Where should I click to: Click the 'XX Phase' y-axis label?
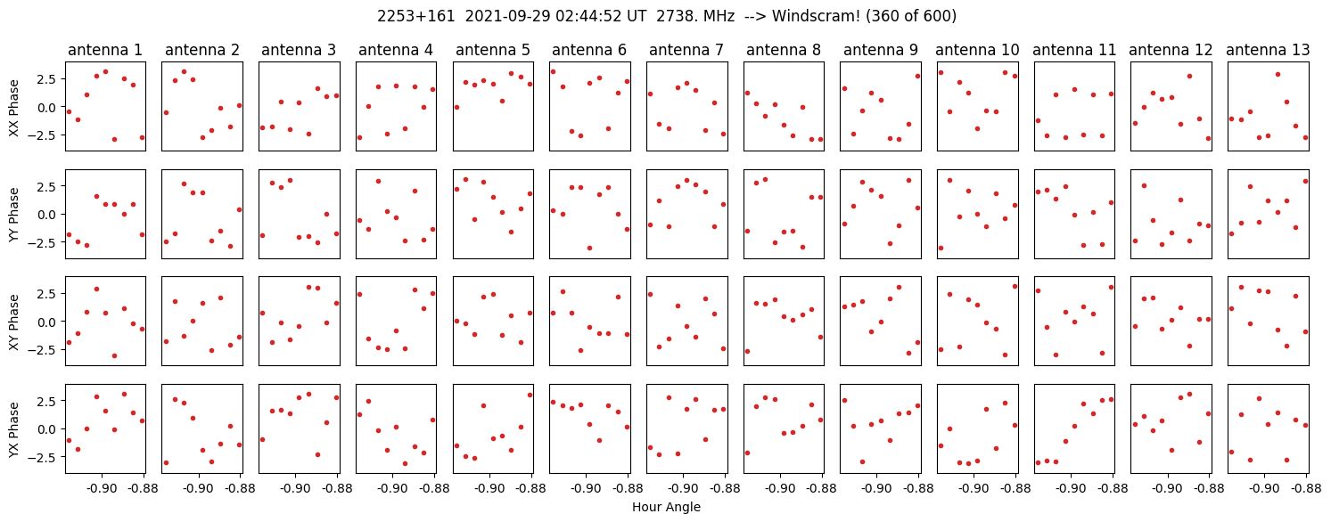pos(13,106)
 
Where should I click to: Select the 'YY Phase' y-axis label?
pos(13,214)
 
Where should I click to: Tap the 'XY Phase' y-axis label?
pos(13,321)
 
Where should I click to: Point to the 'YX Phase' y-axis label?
pos(13,428)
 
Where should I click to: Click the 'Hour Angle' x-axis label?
pos(666,508)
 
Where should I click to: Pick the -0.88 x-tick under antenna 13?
pos(1306,489)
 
